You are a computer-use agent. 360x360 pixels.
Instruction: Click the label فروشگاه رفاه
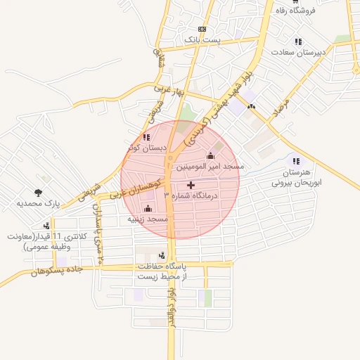point(314,10)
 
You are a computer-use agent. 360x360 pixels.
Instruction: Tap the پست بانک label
point(202,40)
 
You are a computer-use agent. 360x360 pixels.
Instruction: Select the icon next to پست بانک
point(202,29)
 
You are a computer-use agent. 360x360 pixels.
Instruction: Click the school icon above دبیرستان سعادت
point(298,41)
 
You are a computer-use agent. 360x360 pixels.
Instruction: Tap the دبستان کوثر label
point(147,148)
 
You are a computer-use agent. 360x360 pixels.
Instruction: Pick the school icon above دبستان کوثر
point(146,137)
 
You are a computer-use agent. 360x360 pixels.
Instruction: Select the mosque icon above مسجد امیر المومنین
point(210,155)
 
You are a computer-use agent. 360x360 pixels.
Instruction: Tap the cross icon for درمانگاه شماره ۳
point(191,184)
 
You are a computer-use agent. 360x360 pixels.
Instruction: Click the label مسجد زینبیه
point(148,219)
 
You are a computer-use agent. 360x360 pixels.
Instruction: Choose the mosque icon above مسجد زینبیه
point(148,208)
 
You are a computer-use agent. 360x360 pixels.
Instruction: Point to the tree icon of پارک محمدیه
point(37,191)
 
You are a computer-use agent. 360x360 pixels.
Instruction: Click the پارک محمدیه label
point(40,203)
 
